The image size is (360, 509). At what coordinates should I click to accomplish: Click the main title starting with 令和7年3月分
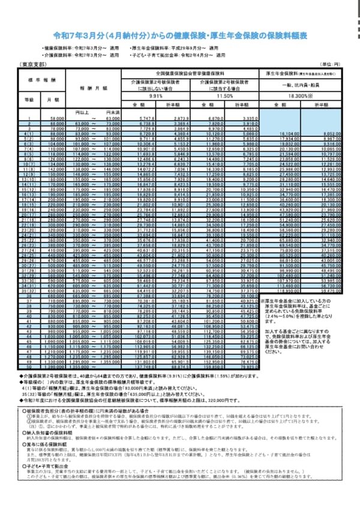(x=181, y=36)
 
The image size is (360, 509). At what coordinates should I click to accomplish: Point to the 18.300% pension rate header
(x=301, y=95)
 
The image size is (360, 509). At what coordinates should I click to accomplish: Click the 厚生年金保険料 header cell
(x=300, y=72)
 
